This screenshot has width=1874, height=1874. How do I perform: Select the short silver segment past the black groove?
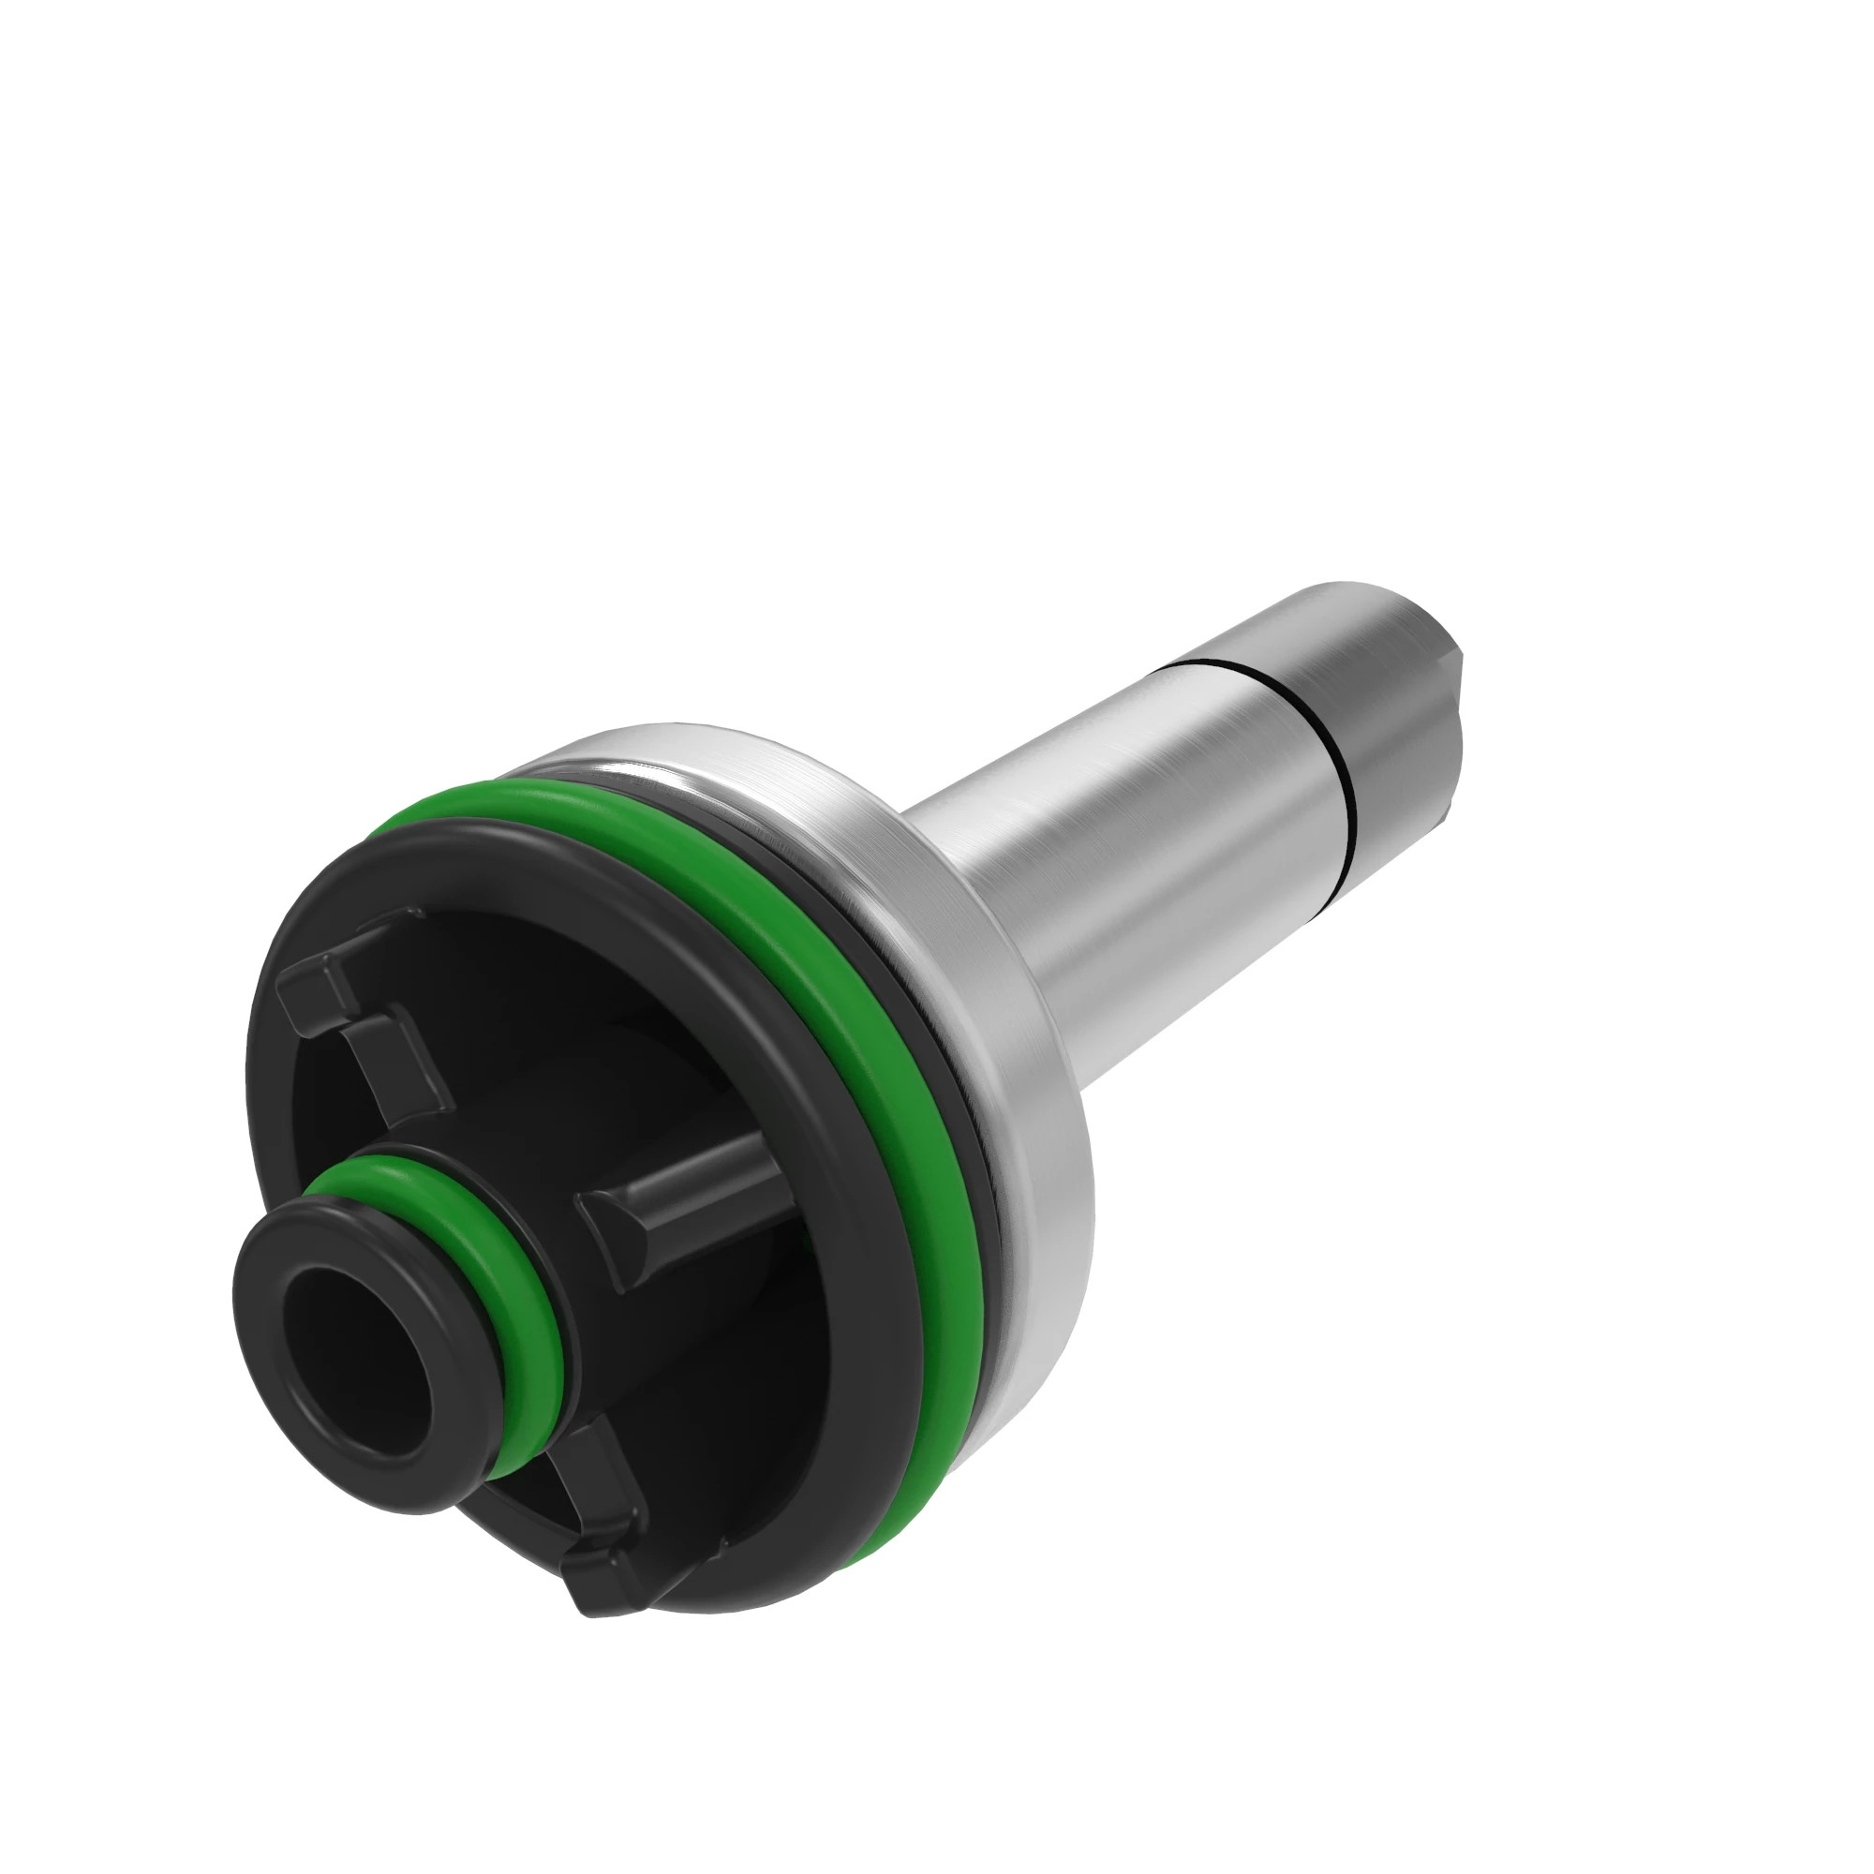[x=1397, y=718]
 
